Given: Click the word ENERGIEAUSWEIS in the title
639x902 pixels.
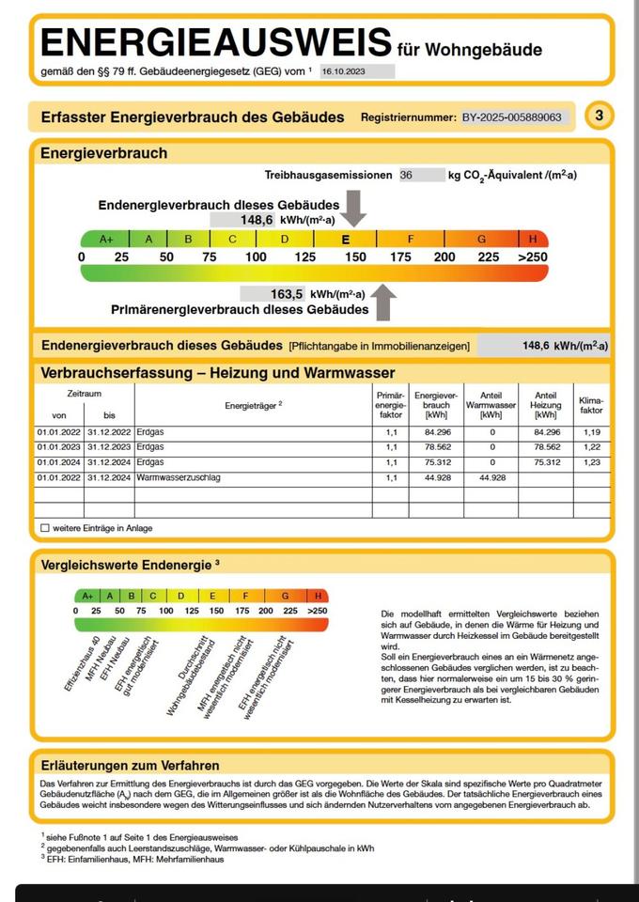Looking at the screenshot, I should [x=216, y=42].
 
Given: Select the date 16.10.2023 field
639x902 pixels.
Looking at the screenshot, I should [x=357, y=70].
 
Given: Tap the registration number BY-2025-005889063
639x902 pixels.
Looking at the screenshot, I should [x=512, y=117].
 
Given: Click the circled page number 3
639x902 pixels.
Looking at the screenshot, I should [x=599, y=117].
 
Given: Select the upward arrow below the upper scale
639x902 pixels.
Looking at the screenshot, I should [x=383, y=303].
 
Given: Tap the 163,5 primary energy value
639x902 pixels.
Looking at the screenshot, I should [x=287, y=294].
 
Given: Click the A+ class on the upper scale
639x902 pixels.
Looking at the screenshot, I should [x=105, y=240].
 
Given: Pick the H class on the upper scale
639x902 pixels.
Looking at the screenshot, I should [x=533, y=240].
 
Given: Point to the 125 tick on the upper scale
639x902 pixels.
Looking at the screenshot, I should [x=304, y=257].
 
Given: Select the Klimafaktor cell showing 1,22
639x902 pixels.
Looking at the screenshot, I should [x=591, y=447].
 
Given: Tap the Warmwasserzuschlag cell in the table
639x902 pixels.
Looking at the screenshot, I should [x=179, y=478].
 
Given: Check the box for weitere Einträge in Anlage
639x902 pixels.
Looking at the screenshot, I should [x=45, y=528].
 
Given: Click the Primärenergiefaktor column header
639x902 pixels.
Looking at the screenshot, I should [x=391, y=406].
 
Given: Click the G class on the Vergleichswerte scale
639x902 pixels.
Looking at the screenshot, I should [x=285, y=596].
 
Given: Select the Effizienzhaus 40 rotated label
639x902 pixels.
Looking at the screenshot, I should [x=82, y=665].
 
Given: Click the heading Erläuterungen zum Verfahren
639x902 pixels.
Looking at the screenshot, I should [x=130, y=765].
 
